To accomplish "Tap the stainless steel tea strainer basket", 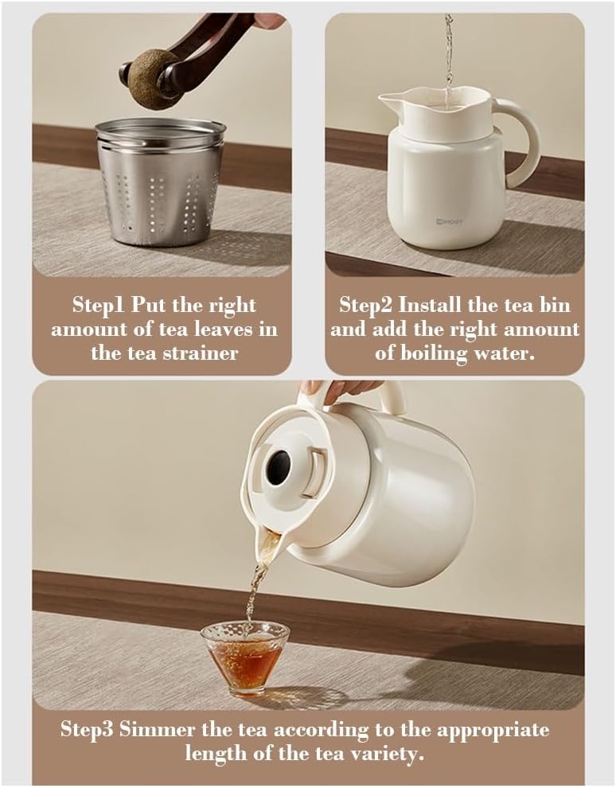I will pyautogui.click(x=159, y=180).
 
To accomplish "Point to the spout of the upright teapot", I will pyautogui.click(x=392, y=100).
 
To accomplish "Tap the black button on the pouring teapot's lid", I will pyautogui.click(x=278, y=468).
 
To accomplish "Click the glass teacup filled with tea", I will pyautogui.click(x=244, y=657).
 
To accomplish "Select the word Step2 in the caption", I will pyautogui.click(x=367, y=305).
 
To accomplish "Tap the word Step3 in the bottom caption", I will pyautogui.click(x=88, y=730).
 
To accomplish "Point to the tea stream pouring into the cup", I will pyautogui.click(x=257, y=585).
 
